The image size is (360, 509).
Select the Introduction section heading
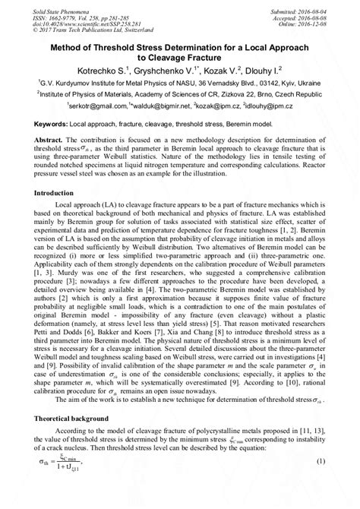55,194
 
